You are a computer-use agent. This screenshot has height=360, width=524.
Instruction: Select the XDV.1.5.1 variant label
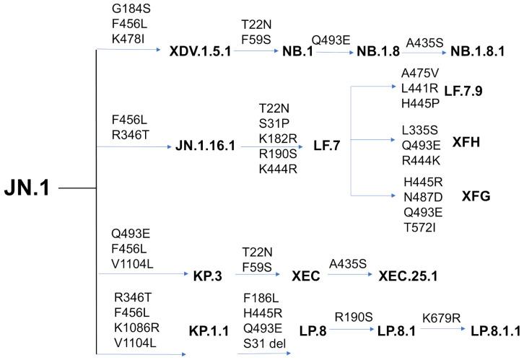(201, 53)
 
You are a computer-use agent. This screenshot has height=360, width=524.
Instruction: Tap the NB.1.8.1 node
(477, 53)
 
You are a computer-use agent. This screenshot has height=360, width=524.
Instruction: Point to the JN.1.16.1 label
(206, 147)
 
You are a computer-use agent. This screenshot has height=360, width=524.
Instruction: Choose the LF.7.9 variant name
(463, 91)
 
